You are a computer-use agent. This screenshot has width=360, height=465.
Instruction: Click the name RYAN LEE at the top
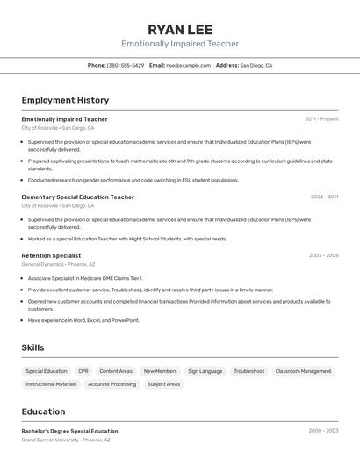(x=179, y=29)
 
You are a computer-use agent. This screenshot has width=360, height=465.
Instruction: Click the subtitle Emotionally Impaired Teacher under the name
(x=179, y=44)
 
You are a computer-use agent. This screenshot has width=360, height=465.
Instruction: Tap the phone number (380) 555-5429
(x=126, y=65)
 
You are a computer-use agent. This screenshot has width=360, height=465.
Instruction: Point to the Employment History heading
(x=65, y=100)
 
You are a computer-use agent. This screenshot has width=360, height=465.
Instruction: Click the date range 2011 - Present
(x=321, y=119)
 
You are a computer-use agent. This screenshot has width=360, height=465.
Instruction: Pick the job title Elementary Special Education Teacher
(x=78, y=197)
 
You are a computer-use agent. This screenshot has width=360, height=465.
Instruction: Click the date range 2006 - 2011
(x=324, y=197)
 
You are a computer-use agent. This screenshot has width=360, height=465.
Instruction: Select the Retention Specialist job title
(x=51, y=255)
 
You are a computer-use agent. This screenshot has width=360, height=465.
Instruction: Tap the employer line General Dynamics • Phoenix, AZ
(x=58, y=264)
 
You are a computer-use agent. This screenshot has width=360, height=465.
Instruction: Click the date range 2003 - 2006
(x=323, y=255)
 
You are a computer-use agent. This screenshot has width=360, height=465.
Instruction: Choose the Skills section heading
(x=32, y=348)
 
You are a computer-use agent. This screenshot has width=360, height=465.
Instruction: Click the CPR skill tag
(x=83, y=371)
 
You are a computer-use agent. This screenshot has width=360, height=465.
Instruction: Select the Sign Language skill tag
(x=205, y=371)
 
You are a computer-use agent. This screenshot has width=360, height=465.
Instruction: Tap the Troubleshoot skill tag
(x=248, y=371)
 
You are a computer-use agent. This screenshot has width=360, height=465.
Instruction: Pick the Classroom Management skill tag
(x=303, y=371)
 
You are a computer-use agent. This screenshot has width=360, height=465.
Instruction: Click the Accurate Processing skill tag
(x=112, y=384)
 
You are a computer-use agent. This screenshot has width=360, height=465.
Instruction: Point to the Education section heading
(x=43, y=411)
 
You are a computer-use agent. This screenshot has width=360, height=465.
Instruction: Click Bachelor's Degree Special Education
(x=69, y=431)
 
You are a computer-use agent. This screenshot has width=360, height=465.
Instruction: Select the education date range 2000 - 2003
(x=323, y=431)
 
